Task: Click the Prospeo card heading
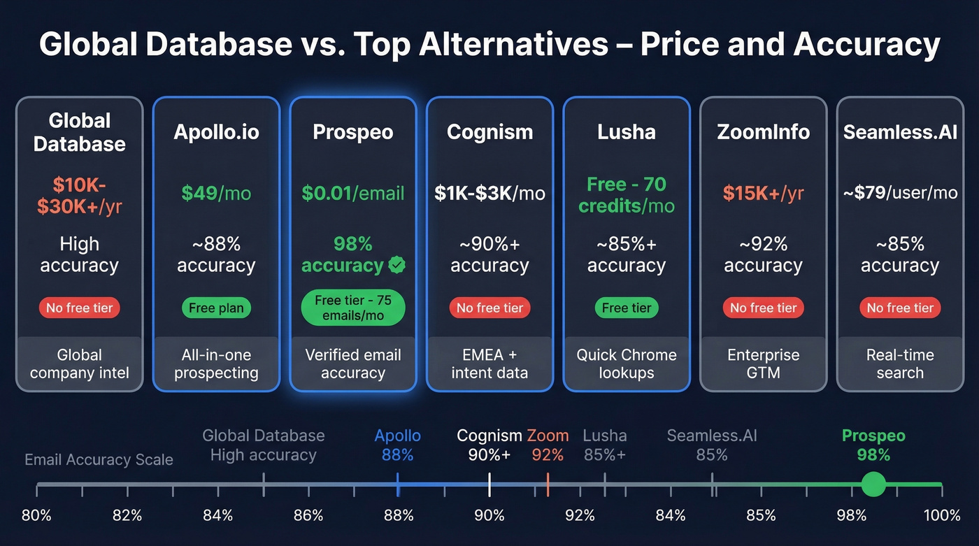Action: click(x=353, y=132)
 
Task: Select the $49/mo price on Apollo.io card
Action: click(x=215, y=193)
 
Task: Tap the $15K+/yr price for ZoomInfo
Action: click(x=763, y=193)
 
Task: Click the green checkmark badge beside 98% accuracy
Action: click(x=396, y=266)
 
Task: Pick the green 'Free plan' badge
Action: click(x=216, y=308)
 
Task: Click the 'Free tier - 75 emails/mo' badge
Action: click(x=353, y=308)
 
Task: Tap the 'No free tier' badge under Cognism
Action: click(x=489, y=308)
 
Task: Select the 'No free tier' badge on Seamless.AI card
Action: click(x=900, y=308)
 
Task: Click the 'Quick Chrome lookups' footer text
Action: click(x=627, y=364)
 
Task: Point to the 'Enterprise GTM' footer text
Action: click(x=763, y=364)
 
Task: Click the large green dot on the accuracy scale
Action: click(x=873, y=484)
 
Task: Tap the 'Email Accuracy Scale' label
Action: click(x=99, y=459)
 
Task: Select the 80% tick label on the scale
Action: click(x=36, y=516)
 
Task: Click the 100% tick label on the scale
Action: click(x=941, y=516)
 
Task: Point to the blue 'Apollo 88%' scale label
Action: click(x=397, y=445)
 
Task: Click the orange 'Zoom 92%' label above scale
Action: click(x=548, y=445)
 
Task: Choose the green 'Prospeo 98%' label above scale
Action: click(x=873, y=445)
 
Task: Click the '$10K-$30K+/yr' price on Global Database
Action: click(x=79, y=196)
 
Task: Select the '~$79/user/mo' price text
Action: click(x=900, y=193)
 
